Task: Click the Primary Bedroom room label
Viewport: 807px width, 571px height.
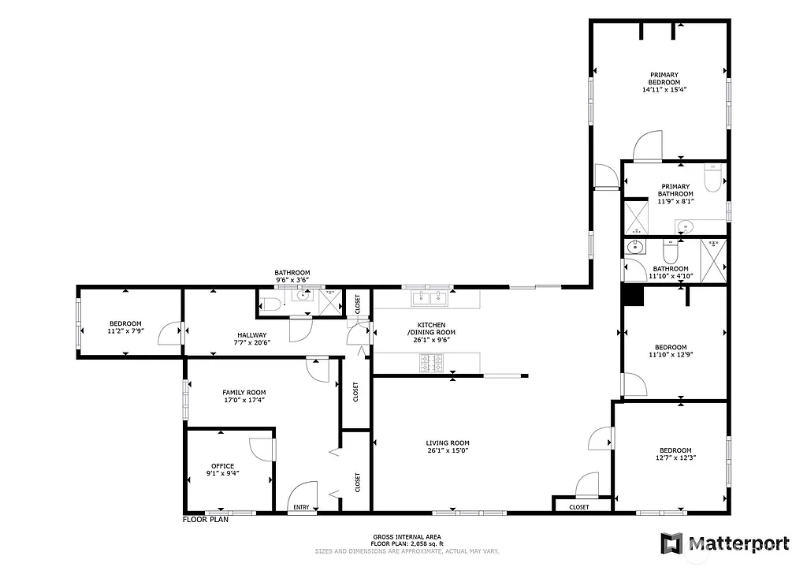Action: pos(664,78)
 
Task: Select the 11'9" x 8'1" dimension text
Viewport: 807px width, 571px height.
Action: pos(675,202)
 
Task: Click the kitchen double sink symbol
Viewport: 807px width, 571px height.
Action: pos(430,298)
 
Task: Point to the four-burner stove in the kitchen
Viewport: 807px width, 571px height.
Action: pos(433,363)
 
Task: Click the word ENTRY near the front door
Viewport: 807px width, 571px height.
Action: pos(302,507)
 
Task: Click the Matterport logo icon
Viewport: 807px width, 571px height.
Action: pos(671,543)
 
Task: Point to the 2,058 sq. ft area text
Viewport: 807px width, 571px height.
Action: pos(418,543)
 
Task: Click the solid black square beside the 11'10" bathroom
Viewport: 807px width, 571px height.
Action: pos(633,295)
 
